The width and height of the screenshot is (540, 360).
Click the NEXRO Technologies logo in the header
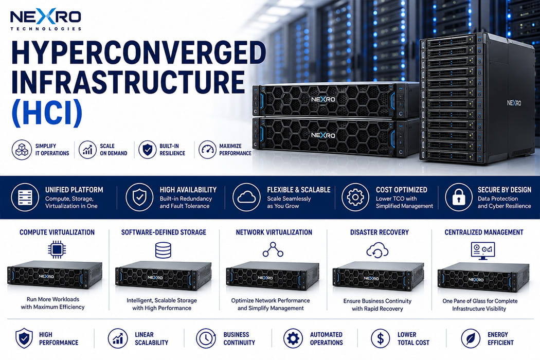click(46, 20)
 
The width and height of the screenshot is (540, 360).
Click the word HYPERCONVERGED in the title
click(139, 52)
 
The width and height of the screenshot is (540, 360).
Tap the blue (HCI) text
click(47, 112)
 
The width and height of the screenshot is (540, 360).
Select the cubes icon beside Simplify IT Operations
click(22, 150)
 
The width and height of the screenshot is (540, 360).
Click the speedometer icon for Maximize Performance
click(207, 150)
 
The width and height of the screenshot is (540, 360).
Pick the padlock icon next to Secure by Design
click(458, 197)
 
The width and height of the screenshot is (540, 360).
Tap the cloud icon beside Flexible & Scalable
click(246, 197)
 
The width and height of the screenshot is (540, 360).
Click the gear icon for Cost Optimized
click(355, 197)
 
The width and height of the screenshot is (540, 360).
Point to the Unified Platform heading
click(74, 189)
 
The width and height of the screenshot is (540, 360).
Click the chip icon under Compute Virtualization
click(57, 249)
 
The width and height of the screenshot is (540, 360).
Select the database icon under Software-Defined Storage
click(163, 250)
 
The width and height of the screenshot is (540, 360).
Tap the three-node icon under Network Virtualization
click(273, 250)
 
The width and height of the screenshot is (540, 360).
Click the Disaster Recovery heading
click(380, 232)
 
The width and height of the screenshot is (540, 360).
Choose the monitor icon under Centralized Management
click(483, 250)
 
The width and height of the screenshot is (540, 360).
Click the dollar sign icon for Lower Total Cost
click(381, 338)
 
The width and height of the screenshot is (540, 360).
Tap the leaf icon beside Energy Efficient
click(471, 338)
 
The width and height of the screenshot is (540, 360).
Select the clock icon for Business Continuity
click(206, 338)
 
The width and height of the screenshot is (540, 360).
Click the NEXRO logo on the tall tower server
click(514, 103)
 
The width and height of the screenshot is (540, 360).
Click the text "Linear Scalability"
click(152, 338)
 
